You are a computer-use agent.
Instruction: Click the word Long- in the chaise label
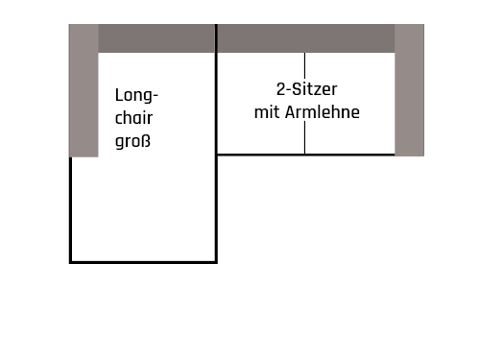click(136, 96)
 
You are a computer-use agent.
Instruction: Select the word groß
click(133, 141)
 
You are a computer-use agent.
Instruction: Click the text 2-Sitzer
click(305, 89)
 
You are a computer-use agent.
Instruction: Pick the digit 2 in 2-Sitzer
click(280, 89)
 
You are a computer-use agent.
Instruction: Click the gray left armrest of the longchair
click(84, 91)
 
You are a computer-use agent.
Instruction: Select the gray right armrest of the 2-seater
click(410, 91)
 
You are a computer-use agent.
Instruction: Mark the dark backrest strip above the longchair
click(156, 38)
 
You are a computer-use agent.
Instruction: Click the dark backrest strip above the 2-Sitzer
click(306, 38)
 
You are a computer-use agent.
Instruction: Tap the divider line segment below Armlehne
click(305, 138)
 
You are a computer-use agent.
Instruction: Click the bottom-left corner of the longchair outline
click(71, 261)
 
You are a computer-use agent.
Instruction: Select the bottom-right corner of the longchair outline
click(216, 261)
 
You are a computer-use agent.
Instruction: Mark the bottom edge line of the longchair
click(144, 261)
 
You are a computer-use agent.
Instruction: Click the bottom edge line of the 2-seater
click(305, 154)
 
